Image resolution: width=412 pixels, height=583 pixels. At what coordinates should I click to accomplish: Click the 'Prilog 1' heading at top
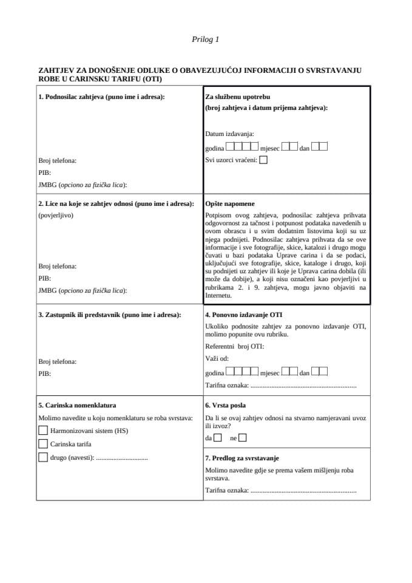(x=205, y=39)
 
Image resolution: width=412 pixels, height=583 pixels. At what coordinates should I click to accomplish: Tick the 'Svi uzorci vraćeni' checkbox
(x=263, y=160)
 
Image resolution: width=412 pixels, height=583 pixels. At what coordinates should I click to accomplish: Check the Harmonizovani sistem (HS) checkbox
(x=42, y=431)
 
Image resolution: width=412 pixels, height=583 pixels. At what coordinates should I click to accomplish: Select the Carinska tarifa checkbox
(x=42, y=444)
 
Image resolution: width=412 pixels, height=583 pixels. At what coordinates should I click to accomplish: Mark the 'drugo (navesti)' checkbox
(x=42, y=457)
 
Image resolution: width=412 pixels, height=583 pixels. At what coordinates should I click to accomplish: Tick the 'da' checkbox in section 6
(x=218, y=437)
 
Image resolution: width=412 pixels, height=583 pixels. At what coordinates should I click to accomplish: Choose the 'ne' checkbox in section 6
(x=243, y=437)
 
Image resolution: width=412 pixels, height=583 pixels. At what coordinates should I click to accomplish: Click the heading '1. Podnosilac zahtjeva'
(x=101, y=97)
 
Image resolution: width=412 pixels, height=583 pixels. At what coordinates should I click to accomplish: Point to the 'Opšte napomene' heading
(x=230, y=203)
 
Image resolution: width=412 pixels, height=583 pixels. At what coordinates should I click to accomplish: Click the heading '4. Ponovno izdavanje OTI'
(x=243, y=315)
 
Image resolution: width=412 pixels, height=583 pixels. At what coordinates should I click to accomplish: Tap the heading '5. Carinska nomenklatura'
(x=77, y=405)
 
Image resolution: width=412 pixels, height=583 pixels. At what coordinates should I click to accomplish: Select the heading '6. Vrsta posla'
(x=225, y=405)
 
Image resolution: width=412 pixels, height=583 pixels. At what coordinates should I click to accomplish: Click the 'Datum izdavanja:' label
(x=230, y=134)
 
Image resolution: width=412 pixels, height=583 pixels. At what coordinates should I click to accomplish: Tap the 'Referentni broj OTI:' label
(x=235, y=346)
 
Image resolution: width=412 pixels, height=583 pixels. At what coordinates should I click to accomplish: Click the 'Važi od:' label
(x=217, y=358)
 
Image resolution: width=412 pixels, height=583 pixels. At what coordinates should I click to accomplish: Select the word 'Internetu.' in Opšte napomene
(x=218, y=295)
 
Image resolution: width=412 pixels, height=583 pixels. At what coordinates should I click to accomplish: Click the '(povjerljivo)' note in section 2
(x=56, y=215)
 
